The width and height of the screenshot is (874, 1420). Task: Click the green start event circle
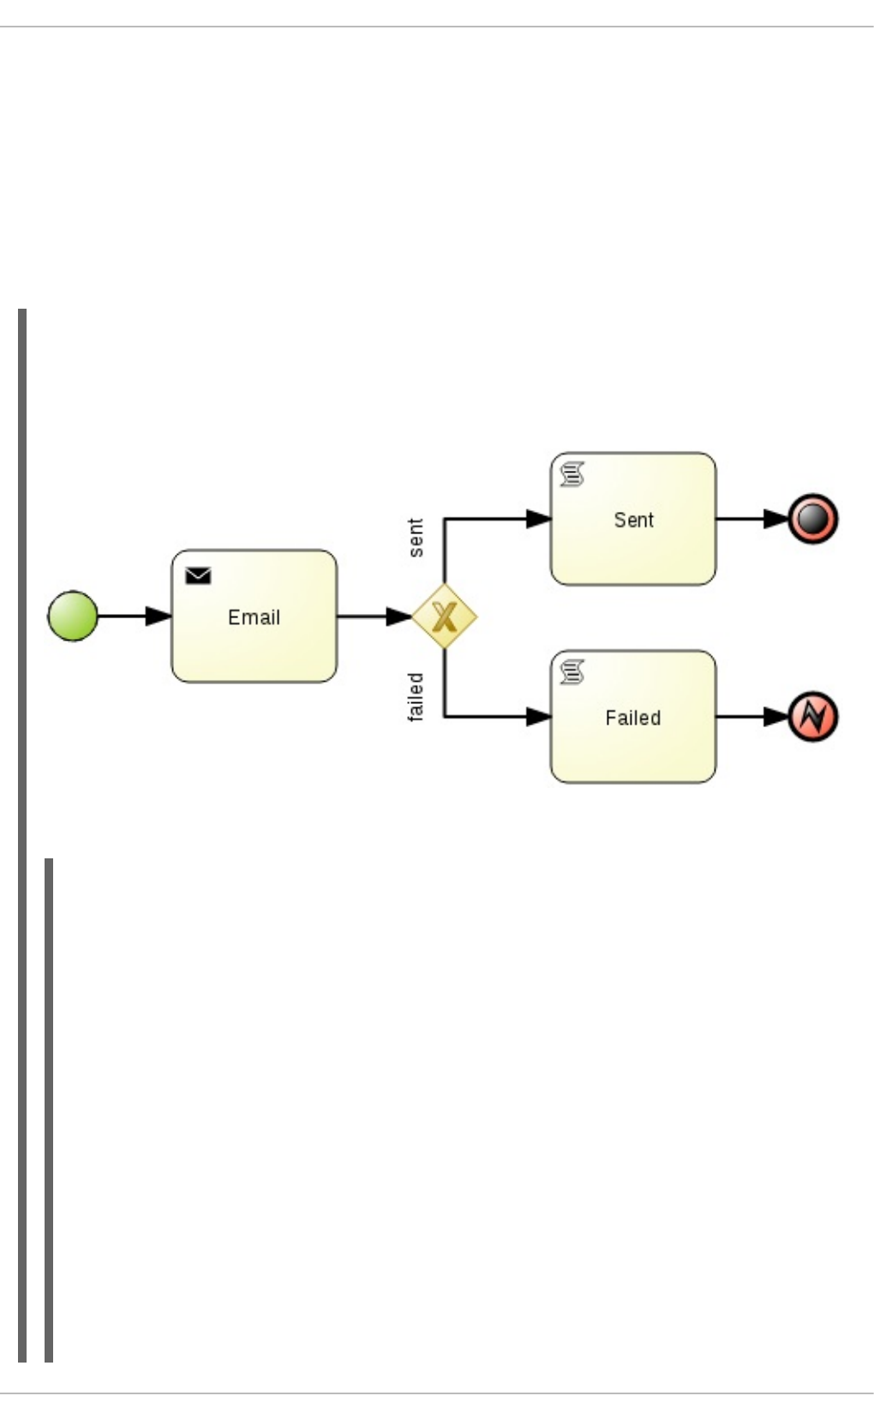(x=73, y=616)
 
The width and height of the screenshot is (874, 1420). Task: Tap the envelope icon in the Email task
(x=198, y=576)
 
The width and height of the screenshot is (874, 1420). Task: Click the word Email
(x=254, y=617)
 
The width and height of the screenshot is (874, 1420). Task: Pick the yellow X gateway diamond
(x=444, y=616)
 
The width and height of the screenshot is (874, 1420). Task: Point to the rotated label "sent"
(x=416, y=538)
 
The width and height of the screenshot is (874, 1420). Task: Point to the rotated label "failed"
(x=416, y=696)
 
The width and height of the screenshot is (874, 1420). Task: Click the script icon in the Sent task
(x=572, y=474)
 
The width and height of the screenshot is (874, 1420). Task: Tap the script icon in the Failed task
(x=572, y=671)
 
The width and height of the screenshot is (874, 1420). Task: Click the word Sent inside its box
(x=633, y=520)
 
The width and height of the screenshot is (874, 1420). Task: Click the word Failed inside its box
(x=632, y=718)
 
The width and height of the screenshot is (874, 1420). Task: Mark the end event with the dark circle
(x=812, y=519)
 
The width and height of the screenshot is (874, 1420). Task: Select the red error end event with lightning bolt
(x=812, y=717)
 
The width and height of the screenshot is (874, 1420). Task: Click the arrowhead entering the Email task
(x=159, y=616)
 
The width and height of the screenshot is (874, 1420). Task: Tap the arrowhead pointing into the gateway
(x=399, y=616)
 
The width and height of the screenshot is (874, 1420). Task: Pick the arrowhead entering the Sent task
(x=538, y=519)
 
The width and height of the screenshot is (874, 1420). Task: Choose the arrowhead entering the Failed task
(x=538, y=716)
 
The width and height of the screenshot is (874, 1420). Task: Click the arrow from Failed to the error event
(x=750, y=716)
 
